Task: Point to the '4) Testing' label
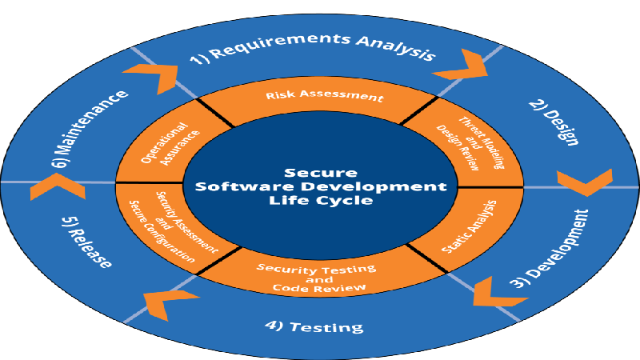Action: tap(314, 326)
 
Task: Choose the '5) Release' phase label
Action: tap(86, 242)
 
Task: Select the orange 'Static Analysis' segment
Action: tap(470, 227)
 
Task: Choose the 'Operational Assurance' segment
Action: tap(170, 143)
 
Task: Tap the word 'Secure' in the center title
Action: tap(321, 173)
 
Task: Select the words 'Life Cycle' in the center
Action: tap(321, 201)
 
